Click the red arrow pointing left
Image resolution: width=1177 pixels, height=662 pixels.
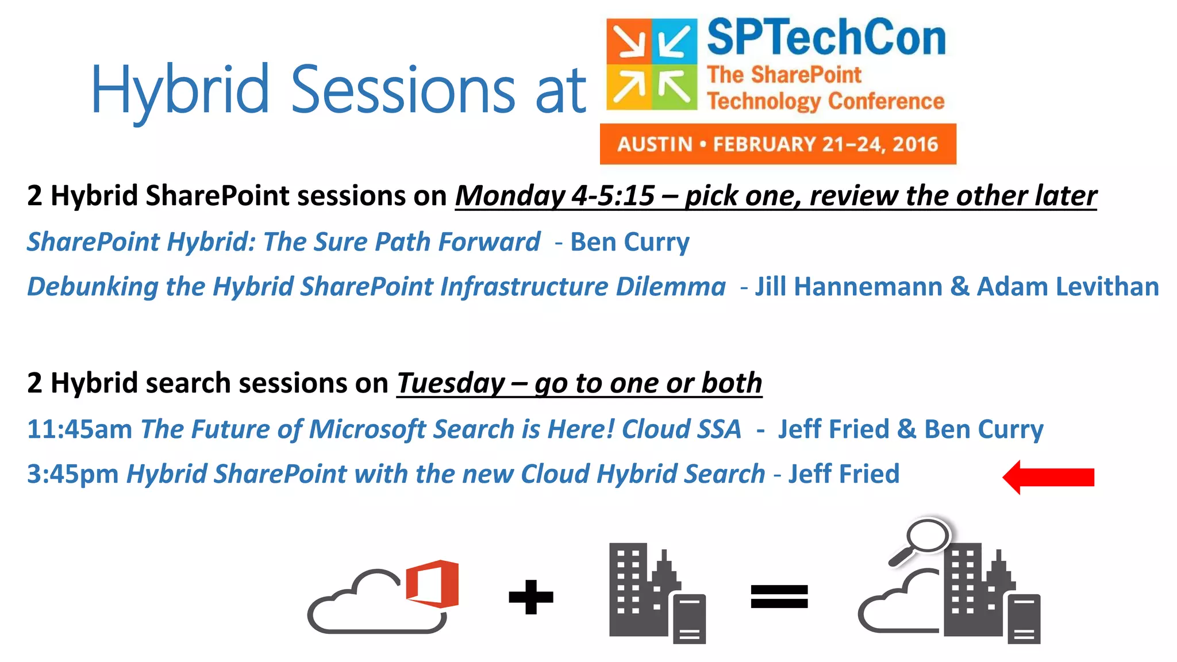pyautogui.click(x=1048, y=477)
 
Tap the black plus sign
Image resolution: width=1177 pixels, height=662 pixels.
pyautogui.click(x=531, y=597)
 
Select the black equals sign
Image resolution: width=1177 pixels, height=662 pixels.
pyautogui.click(x=779, y=596)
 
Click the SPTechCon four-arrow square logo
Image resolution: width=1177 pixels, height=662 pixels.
pyautogui.click(x=652, y=64)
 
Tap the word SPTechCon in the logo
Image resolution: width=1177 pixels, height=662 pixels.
pyautogui.click(x=826, y=38)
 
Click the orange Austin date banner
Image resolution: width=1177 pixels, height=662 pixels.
pyautogui.click(x=778, y=144)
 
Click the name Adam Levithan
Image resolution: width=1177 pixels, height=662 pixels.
pyautogui.click(x=1068, y=287)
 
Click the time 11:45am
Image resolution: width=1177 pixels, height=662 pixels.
pyautogui.click(x=79, y=430)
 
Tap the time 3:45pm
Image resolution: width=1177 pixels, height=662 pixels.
pyautogui.click(x=72, y=475)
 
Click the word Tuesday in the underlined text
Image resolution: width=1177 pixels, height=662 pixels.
pyautogui.click(x=451, y=383)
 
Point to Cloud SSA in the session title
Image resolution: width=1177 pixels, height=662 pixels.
pyautogui.click(x=682, y=430)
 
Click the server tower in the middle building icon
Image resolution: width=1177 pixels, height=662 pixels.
pyautogui.click(x=689, y=618)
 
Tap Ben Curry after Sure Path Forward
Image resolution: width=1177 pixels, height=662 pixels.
pyautogui.click(x=629, y=242)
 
